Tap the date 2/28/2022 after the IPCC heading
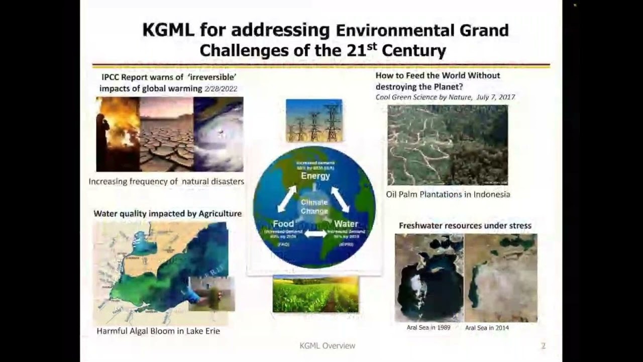tap(221, 88)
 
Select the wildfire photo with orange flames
tap(118, 134)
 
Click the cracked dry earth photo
tap(166, 134)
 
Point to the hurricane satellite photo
tap(219, 134)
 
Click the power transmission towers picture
tap(314, 120)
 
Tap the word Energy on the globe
tap(315, 176)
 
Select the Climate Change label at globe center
tap(314, 207)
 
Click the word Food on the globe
tap(283, 224)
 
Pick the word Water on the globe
tap(346, 224)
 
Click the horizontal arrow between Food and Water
tap(315, 234)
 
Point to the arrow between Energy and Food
tap(287, 199)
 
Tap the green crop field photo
tap(315, 294)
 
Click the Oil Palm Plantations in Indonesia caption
tap(448, 194)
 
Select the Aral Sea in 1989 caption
tap(428, 327)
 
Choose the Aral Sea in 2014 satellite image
tap(501, 278)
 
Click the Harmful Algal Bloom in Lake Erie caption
tap(158, 331)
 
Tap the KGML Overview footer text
tap(327, 345)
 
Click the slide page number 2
tap(543, 345)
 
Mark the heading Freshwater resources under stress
tap(465, 225)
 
